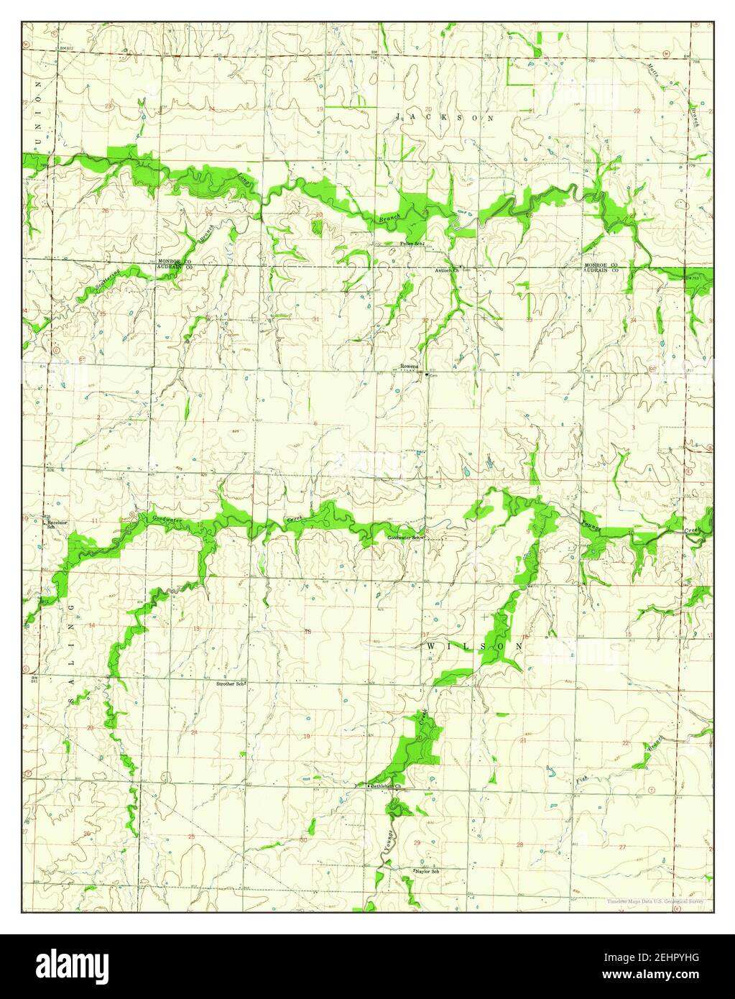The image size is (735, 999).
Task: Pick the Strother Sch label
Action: point(231,684)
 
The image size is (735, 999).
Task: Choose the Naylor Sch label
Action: point(427,872)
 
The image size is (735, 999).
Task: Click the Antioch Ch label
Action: point(446,270)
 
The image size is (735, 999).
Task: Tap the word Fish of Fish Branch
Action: point(584,778)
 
